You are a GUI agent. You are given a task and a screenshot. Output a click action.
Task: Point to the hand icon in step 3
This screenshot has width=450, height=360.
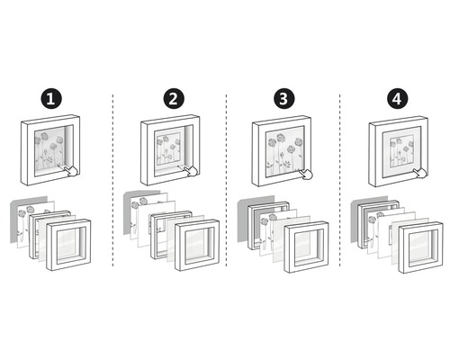pos(307,174)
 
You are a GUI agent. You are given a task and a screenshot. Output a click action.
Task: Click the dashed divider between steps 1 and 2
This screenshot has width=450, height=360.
pos(112,180)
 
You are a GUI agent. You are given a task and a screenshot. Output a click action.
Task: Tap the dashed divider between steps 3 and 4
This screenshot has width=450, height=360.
pos(337,180)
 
